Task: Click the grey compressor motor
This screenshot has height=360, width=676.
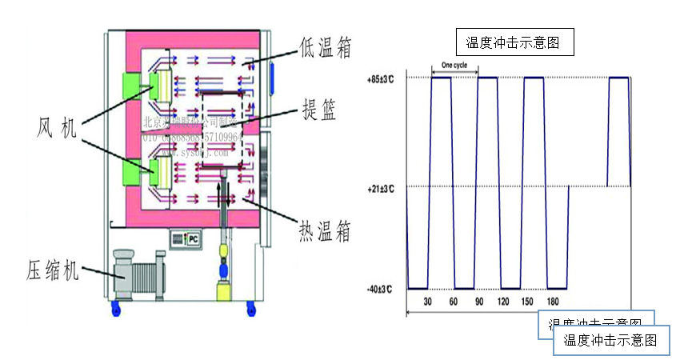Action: pos(138,274)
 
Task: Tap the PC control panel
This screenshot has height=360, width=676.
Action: pos(186,238)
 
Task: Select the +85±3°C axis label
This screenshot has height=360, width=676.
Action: pos(381,80)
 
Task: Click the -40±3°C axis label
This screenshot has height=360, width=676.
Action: pos(381,288)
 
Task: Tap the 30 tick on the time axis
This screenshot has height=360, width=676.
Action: pos(428,302)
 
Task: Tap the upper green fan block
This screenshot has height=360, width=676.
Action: pos(130,87)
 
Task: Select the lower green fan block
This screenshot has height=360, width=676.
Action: pos(130,170)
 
